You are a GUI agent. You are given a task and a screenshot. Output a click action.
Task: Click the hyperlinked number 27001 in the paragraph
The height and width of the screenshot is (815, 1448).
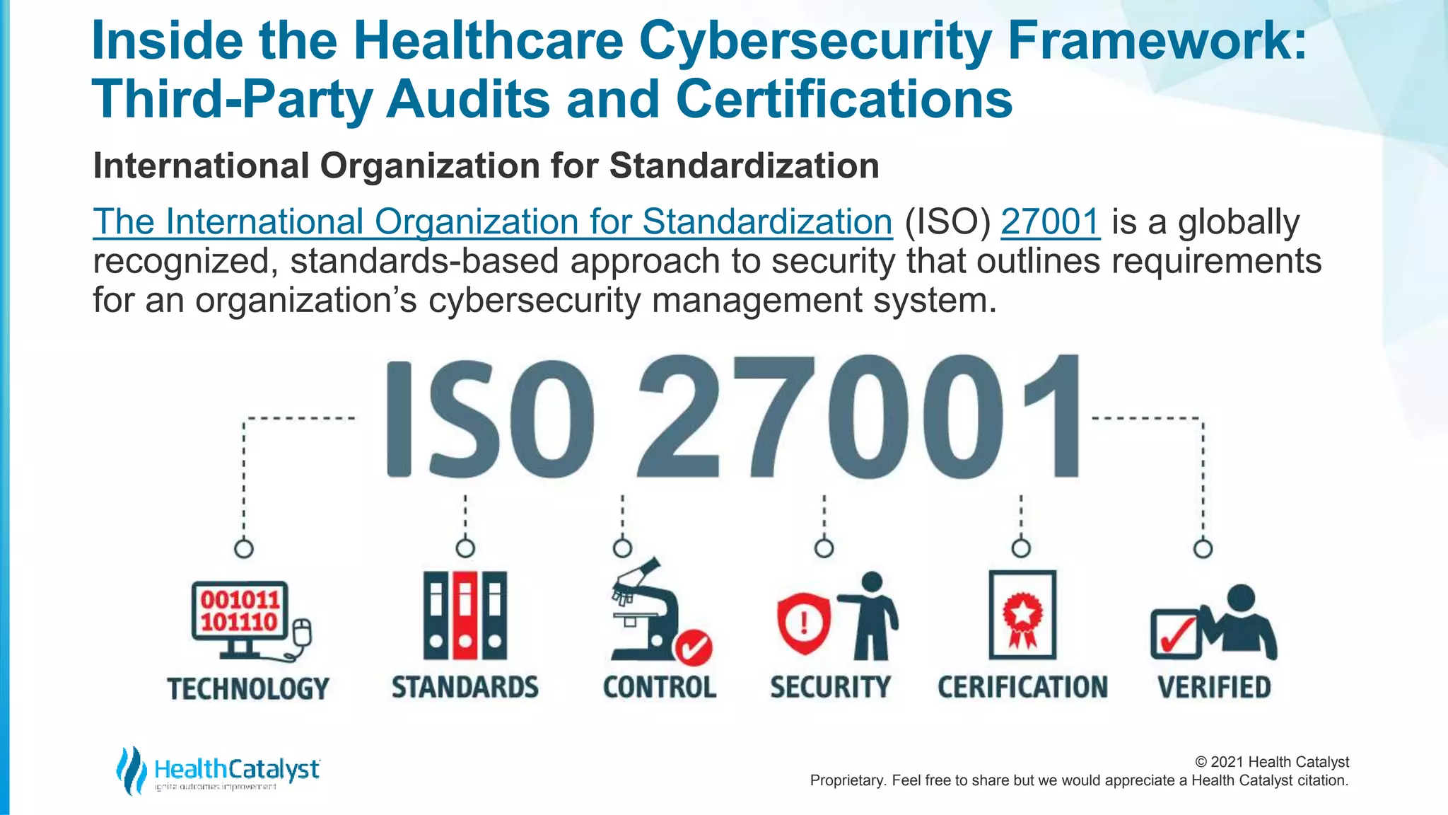pyautogui.click(x=1050, y=222)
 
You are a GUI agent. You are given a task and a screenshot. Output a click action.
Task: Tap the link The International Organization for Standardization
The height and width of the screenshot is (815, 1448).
pyautogui.click(x=492, y=222)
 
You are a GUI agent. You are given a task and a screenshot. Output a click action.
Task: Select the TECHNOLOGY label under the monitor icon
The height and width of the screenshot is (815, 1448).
pyautogui.click(x=248, y=688)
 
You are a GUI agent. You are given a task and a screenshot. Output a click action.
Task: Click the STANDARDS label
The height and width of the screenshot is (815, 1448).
pyautogui.click(x=465, y=687)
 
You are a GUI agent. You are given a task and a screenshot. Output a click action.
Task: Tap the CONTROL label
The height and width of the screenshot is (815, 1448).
pyautogui.click(x=659, y=687)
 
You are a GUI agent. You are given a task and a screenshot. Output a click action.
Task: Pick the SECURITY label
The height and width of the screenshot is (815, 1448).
pyautogui.click(x=830, y=687)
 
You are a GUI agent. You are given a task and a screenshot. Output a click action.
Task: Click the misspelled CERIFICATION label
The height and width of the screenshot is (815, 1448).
pyautogui.click(x=1022, y=687)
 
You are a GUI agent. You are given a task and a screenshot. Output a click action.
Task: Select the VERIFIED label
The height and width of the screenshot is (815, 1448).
pyautogui.click(x=1214, y=687)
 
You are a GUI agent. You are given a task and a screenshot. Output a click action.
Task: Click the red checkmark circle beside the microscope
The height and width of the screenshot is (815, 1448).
pyautogui.click(x=693, y=647)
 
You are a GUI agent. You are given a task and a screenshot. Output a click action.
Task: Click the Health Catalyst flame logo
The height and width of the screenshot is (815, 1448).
pyautogui.click(x=131, y=770)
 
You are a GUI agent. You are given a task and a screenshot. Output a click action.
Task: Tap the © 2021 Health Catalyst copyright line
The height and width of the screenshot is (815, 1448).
pyautogui.click(x=1271, y=762)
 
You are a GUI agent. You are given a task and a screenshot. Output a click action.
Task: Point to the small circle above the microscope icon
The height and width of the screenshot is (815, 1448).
pyautogui.click(x=622, y=548)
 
